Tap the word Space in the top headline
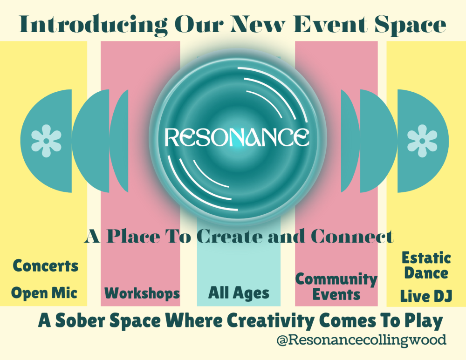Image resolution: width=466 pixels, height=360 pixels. coord(412,25)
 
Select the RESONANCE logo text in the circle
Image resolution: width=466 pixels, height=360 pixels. coord(236,136)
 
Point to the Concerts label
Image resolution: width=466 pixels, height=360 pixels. coord(46,266)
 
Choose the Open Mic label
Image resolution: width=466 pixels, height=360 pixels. coord(44,293)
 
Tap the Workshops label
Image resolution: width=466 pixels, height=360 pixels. coord(142,293)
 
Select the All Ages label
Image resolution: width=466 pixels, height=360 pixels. coord(239,293)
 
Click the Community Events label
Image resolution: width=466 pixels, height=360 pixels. coord(336,286)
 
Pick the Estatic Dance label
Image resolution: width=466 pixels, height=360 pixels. coord(426,265)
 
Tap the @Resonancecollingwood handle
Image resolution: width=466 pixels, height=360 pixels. coord(361,340)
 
